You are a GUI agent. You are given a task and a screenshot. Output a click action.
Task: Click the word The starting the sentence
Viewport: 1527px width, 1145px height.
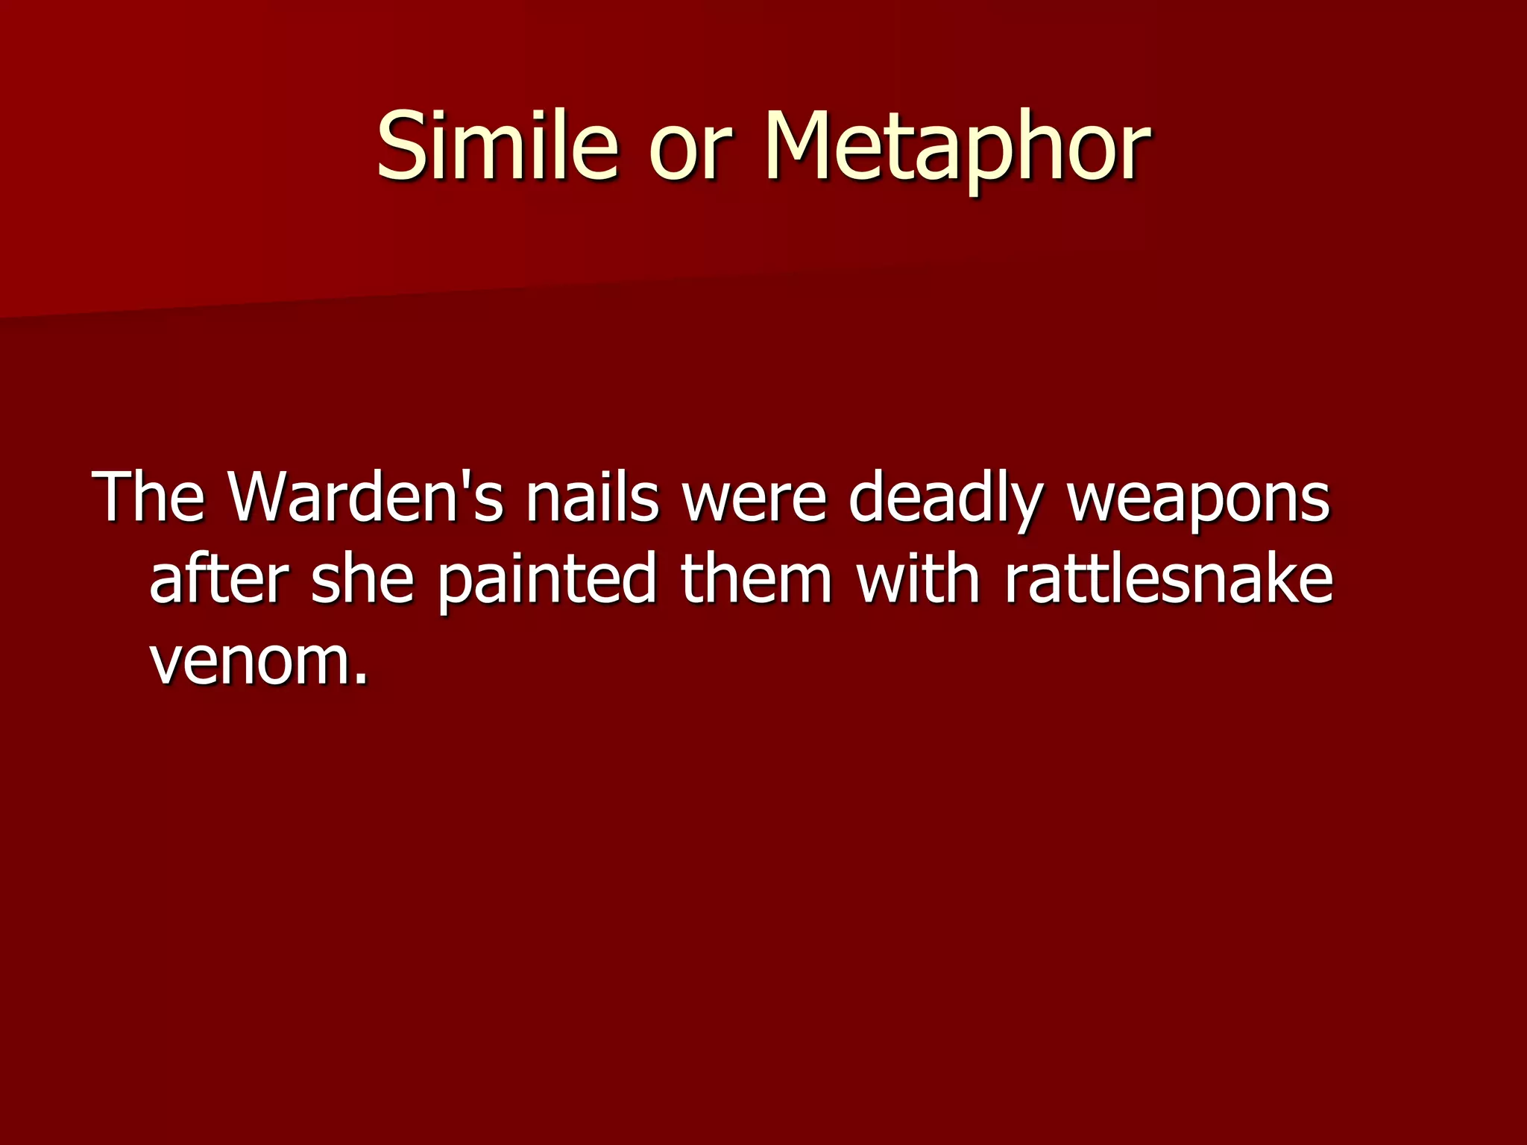point(148,496)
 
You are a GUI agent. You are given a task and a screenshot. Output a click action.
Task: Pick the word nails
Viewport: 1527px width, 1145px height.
point(592,496)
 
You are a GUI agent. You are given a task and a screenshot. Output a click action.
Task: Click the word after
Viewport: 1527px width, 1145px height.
point(218,578)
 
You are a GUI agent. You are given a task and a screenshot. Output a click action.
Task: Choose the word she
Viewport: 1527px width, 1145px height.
point(362,578)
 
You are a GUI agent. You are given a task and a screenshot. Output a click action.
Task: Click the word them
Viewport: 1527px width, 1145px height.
point(756,578)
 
